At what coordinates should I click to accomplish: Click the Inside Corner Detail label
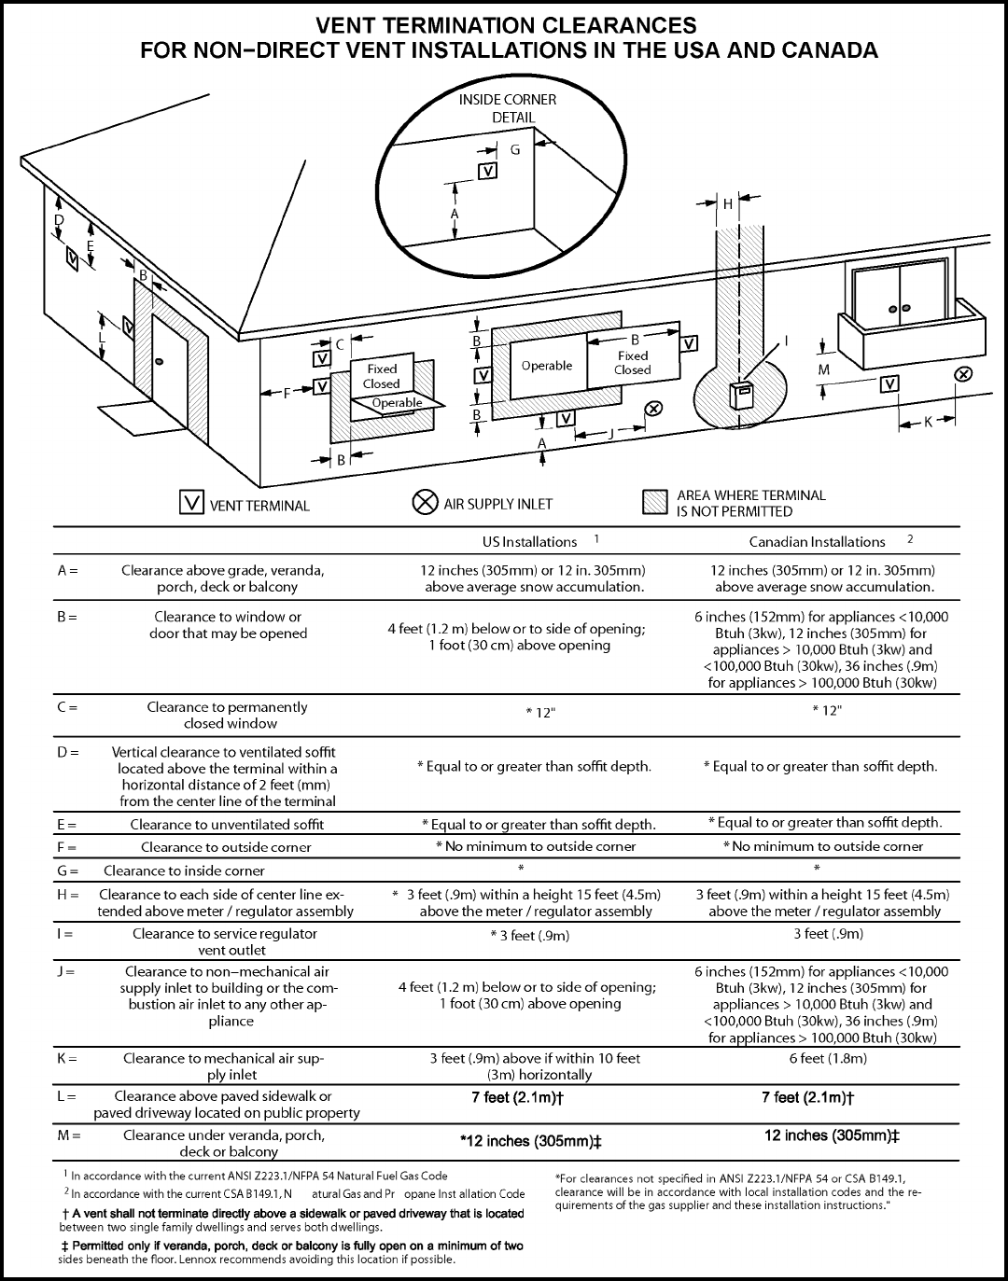[508, 108]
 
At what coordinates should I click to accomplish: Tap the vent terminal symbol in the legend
[191, 503]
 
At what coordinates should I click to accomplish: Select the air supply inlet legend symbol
[425, 503]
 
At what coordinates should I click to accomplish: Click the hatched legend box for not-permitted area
[656, 503]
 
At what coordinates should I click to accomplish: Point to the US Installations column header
[529, 541]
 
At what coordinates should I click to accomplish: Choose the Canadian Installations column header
[817, 541]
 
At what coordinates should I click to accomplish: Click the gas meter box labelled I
[744, 395]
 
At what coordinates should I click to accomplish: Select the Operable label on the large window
[547, 366]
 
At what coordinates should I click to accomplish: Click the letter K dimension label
[929, 422]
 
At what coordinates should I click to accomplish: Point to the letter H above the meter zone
[728, 203]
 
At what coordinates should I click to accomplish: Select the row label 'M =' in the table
[69, 1135]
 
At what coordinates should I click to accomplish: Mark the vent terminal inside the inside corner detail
[487, 171]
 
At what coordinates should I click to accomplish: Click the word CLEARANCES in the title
[608, 24]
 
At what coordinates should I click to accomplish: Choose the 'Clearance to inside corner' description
[184, 870]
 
